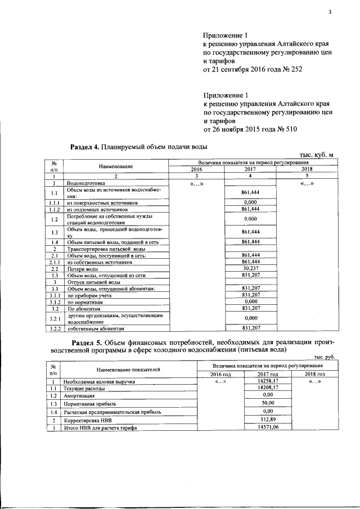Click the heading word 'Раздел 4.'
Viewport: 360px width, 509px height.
[x=84, y=147]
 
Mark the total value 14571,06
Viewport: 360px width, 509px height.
[x=263, y=427]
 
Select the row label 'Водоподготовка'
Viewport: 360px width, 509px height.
[x=85, y=183]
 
